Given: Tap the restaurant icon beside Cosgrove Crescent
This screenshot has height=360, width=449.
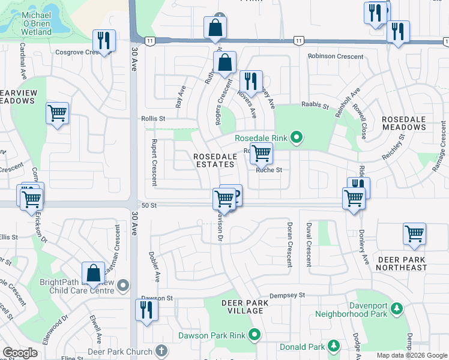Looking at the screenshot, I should tap(104, 41).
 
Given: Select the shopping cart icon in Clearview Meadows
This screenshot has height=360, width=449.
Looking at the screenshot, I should tap(57, 112).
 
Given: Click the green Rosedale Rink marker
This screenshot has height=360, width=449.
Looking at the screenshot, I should tap(296, 138).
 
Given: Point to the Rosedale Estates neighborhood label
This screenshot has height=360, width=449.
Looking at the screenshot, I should tap(214, 160).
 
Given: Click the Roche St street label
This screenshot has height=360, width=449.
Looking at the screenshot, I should tap(268, 170).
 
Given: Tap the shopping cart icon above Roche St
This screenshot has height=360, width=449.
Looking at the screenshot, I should tap(261, 153).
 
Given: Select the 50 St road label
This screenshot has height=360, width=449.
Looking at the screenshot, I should tap(149, 205).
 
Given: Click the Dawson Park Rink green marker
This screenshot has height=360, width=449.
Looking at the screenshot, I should tap(255, 334).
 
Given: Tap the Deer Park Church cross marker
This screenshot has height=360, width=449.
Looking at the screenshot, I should tap(160, 350).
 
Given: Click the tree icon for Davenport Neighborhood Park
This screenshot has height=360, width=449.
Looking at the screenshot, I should tap(396, 308).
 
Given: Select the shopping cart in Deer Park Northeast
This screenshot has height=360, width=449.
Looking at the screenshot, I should tap(414, 233).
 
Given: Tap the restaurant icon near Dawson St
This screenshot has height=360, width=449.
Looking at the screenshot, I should tap(146, 310).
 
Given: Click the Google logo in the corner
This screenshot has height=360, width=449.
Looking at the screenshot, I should tap(20, 353).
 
